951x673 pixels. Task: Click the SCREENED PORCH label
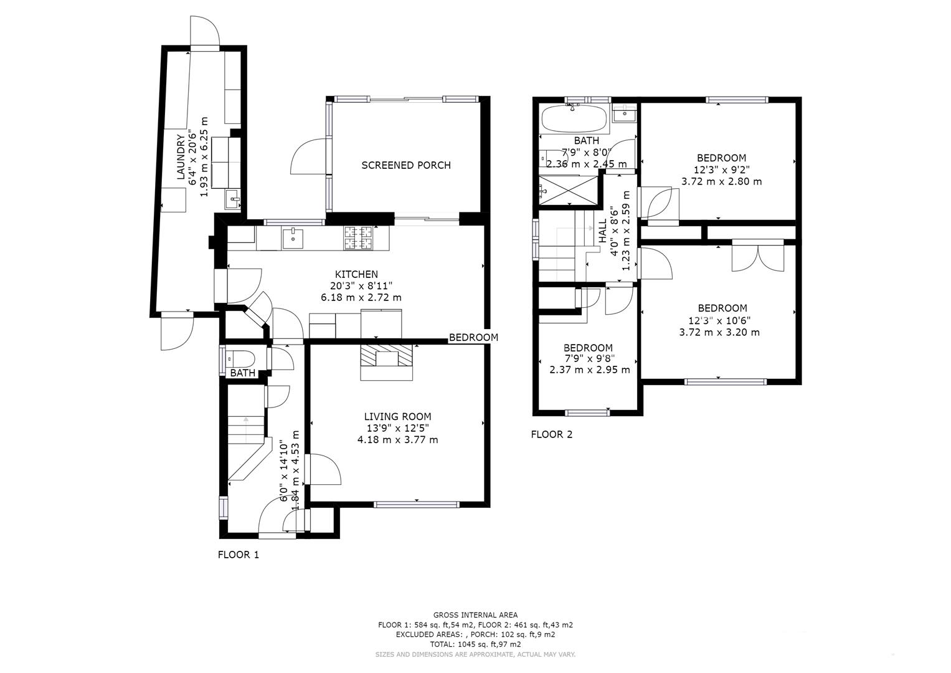[x=406, y=165]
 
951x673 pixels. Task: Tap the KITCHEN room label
[x=357, y=274]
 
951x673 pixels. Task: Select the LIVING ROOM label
[x=398, y=417]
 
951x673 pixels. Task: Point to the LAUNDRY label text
[x=181, y=157]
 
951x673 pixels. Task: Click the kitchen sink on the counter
[x=293, y=238]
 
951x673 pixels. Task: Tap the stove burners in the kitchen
[x=358, y=238]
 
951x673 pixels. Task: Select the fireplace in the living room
[x=386, y=362]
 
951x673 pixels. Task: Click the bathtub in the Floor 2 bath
[x=574, y=118]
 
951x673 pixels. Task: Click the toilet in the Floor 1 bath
[x=240, y=359]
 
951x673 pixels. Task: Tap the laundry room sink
[x=233, y=199]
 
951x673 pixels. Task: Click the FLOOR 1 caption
[x=238, y=555]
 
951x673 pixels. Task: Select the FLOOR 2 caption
[x=552, y=435]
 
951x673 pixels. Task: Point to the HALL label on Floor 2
[x=602, y=231]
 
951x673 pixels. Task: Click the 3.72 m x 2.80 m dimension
[x=721, y=182]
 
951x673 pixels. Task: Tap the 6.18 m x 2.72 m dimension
[x=361, y=297]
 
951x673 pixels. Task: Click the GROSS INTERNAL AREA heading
[x=476, y=615]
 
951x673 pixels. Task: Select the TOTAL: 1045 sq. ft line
[x=476, y=644]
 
